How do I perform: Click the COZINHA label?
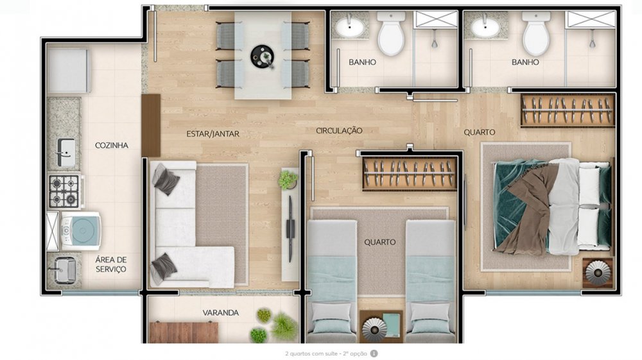click(111, 145)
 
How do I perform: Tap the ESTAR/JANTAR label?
click(213, 133)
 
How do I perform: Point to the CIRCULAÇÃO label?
click(339, 130)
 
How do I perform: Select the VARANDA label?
click(221, 313)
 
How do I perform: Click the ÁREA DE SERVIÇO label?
click(110, 264)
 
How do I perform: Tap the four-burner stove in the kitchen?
click(64, 191)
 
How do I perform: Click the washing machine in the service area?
click(80, 231)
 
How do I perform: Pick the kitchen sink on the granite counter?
click(65, 153)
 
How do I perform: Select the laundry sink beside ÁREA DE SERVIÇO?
click(63, 270)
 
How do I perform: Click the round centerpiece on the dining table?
click(263, 56)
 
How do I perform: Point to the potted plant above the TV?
click(288, 180)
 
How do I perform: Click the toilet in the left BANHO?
click(392, 33)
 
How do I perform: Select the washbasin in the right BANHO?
click(485, 27)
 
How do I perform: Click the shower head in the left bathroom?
click(435, 42)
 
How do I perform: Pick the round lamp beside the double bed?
click(598, 272)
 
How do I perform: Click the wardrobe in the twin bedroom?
click(410, 174)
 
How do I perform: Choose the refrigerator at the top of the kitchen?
click(69, 71)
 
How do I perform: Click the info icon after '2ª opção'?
click(374, 354)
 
